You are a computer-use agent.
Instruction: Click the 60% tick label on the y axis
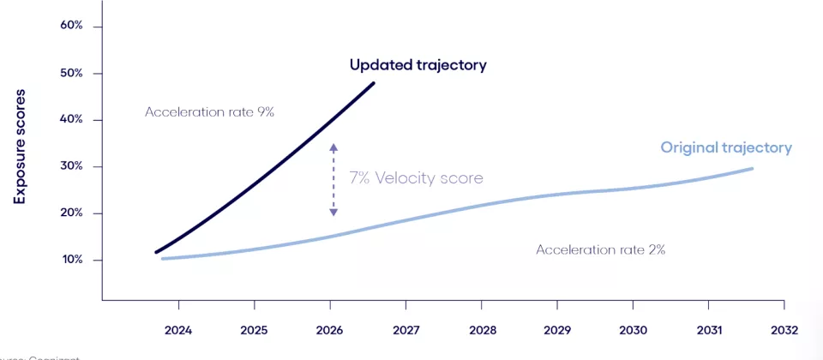(71, 26)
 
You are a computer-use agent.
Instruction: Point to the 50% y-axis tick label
(71, 73)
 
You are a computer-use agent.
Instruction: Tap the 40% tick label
(71, 119)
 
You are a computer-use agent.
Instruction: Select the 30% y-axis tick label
(71, 166)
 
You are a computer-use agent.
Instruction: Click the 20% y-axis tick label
(71, 213)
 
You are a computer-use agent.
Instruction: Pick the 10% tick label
(71, 260)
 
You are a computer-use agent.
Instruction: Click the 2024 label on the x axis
(178, 329)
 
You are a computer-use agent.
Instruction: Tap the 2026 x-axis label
(330, 329)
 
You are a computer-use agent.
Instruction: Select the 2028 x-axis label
(482, 329)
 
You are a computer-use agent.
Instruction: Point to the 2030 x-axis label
(633, 329)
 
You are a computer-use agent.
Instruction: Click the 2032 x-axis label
(784, 329)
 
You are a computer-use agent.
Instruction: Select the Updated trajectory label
(418, 65)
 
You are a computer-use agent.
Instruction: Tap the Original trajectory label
(725, 147)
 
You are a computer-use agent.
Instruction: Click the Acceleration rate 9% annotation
(209, 111)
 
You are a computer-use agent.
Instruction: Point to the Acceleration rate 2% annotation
(600, 249)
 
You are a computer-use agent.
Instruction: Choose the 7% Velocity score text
(416, 178)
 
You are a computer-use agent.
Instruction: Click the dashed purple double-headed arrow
(333, 180)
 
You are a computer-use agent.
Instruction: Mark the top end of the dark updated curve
(373, 83)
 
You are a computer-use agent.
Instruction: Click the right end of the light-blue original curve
(752, 168)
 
